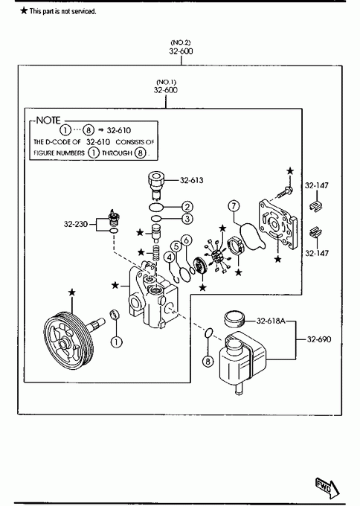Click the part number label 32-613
[192, 180]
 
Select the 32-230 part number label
[75, 224]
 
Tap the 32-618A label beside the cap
[271, 321]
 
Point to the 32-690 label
[319, 339]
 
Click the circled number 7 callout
[234, 205]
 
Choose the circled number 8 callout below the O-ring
[208, 361]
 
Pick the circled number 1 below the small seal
[117, 342]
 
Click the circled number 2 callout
[187, 207]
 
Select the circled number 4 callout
[170, 257]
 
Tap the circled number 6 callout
[187, 240]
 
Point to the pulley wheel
[68, 340]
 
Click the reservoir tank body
[242, 358]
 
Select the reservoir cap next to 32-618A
[234, 318]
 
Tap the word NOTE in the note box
[48, 121]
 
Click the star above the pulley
[72, 292]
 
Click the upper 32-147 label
[317, 185]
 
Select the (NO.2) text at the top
[181, 42]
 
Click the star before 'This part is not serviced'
[24, 10]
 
